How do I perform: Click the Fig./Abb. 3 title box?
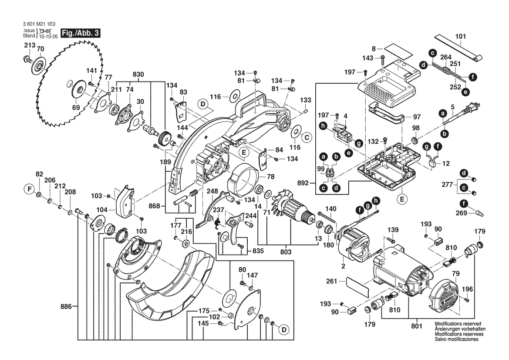(x=81, y=33)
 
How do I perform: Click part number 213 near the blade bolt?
(x=29, y=45)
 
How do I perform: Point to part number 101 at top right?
(x=460, y=36)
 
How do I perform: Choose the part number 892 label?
(x=307, y=183)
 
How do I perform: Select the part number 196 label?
(x=467, y=289)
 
